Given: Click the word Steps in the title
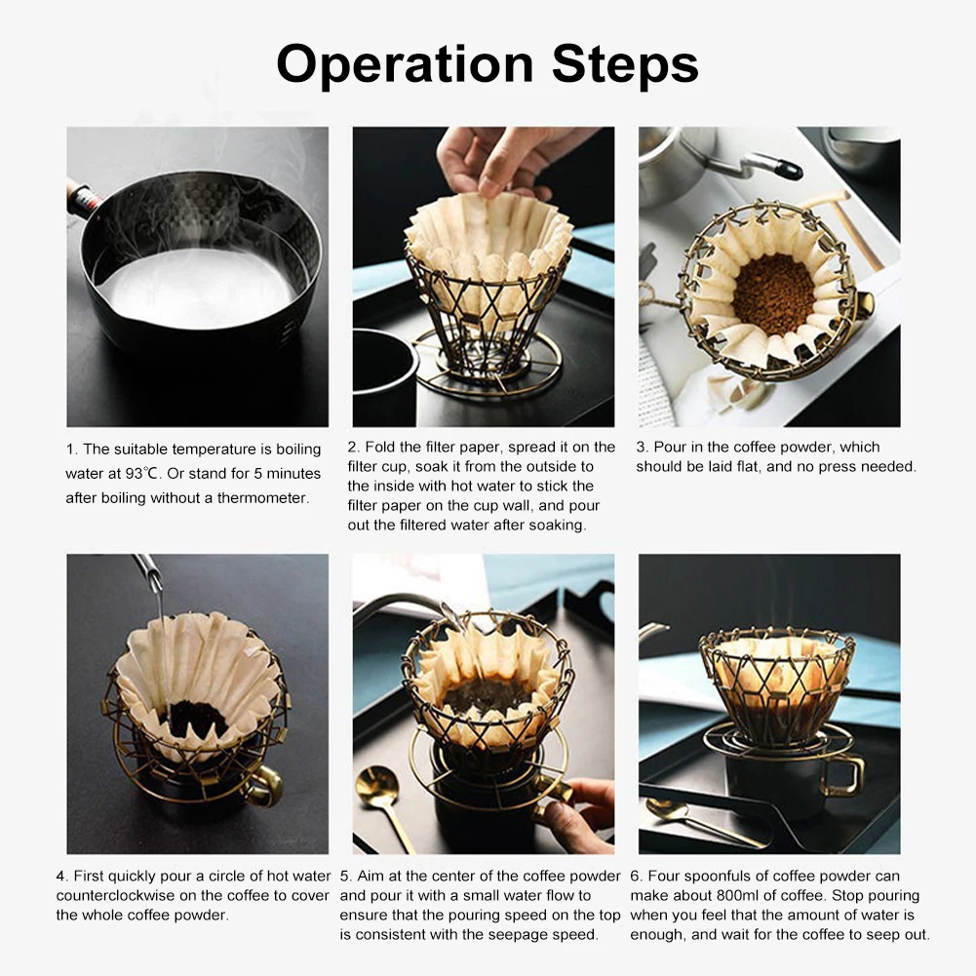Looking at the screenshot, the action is pyautogui.click(x=625, y=64).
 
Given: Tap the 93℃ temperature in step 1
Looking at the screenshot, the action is pyautogui.click(x=143, y=474).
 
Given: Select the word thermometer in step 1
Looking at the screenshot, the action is pyautogui.click(x=262, y=498).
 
